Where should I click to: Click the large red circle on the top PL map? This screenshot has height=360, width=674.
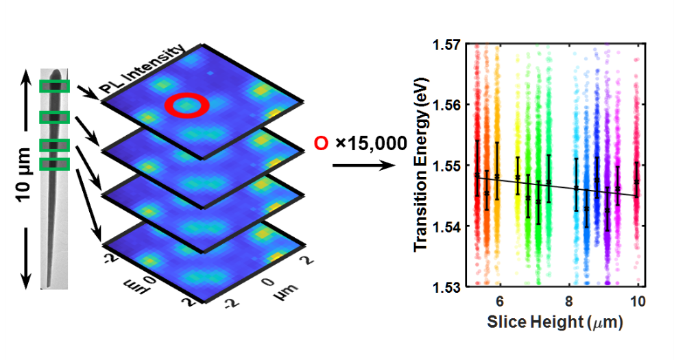[x=186, y=105]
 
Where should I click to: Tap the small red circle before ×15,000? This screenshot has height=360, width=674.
[x=320, y=143]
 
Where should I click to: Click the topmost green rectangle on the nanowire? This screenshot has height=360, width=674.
[x=53, y=86]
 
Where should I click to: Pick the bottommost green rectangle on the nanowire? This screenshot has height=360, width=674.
[x=53, y=164]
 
